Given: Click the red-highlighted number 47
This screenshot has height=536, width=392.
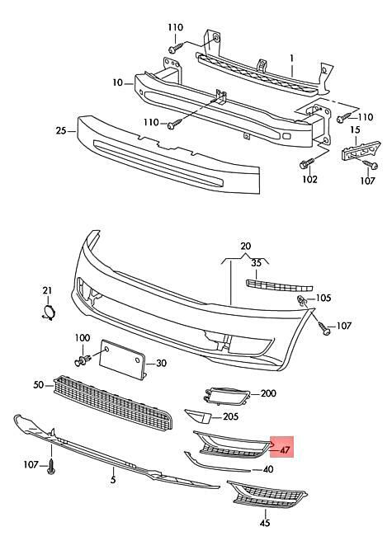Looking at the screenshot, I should [285, 450].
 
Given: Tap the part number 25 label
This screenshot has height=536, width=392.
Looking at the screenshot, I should [61, 131].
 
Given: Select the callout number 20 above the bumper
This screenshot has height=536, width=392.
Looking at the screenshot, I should [245, 247].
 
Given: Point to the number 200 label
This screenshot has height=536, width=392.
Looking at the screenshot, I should [268, 394].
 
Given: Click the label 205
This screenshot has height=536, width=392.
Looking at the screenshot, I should [230, 417].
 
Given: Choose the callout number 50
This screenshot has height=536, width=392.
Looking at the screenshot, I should [38, 385].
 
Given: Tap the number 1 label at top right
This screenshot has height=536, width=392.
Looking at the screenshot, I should [291, 59].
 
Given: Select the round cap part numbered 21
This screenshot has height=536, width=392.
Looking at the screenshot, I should [49, 312].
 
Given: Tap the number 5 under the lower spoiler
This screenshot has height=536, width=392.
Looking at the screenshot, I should [112, 477].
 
